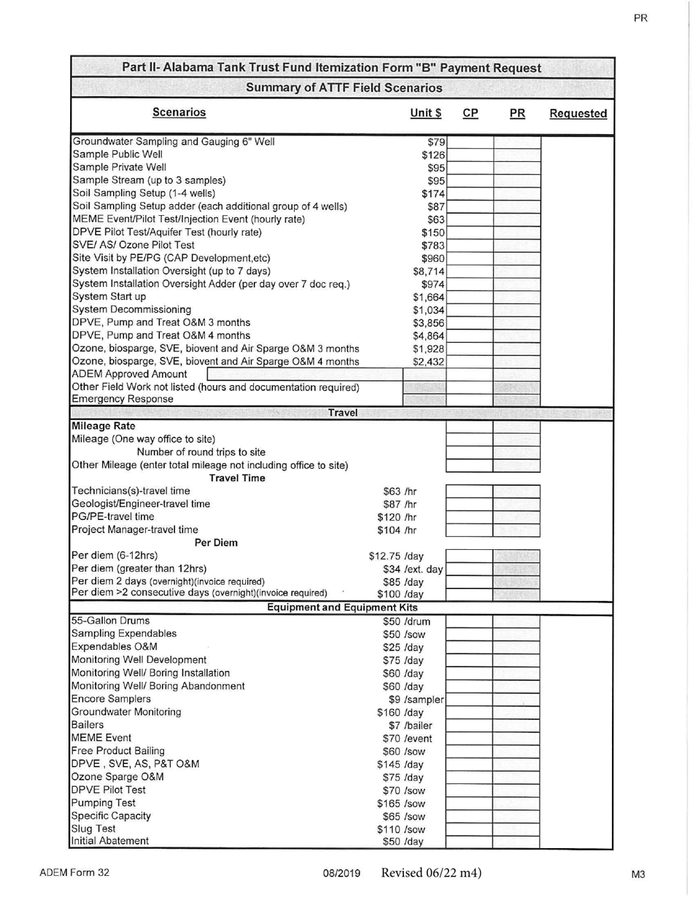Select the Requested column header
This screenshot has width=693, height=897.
click(578, 114)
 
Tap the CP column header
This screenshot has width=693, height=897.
click(471, 114)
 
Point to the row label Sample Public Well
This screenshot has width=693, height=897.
click(117, 155)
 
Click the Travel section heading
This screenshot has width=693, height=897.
click(343, 413)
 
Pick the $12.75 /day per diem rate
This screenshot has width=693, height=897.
click(396, 556)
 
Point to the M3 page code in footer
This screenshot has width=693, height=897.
click(640, 874)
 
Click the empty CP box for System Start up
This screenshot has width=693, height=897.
click(470, 297)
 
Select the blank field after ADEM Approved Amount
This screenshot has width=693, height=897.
click(304, 374)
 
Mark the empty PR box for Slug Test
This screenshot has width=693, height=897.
click(516, 829)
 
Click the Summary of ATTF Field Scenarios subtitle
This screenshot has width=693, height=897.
click(344, 88)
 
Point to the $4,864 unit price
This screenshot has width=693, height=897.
click(428, 335)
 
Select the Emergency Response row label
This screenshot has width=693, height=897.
click(123, 399)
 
